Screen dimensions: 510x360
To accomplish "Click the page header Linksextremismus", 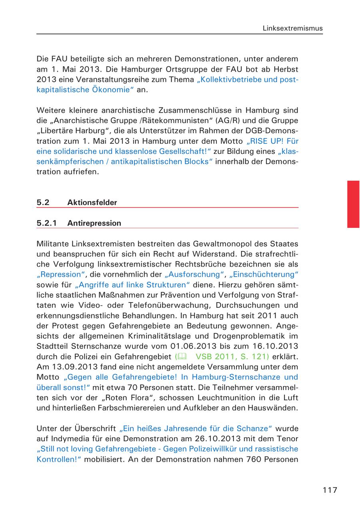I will pos(292,28).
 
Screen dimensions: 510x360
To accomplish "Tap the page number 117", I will pos(330,490).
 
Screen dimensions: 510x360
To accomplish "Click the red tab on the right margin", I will pos(353,204).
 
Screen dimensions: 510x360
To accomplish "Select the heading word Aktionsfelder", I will pos(92,203).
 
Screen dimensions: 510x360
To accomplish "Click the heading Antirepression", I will pos(94,223).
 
